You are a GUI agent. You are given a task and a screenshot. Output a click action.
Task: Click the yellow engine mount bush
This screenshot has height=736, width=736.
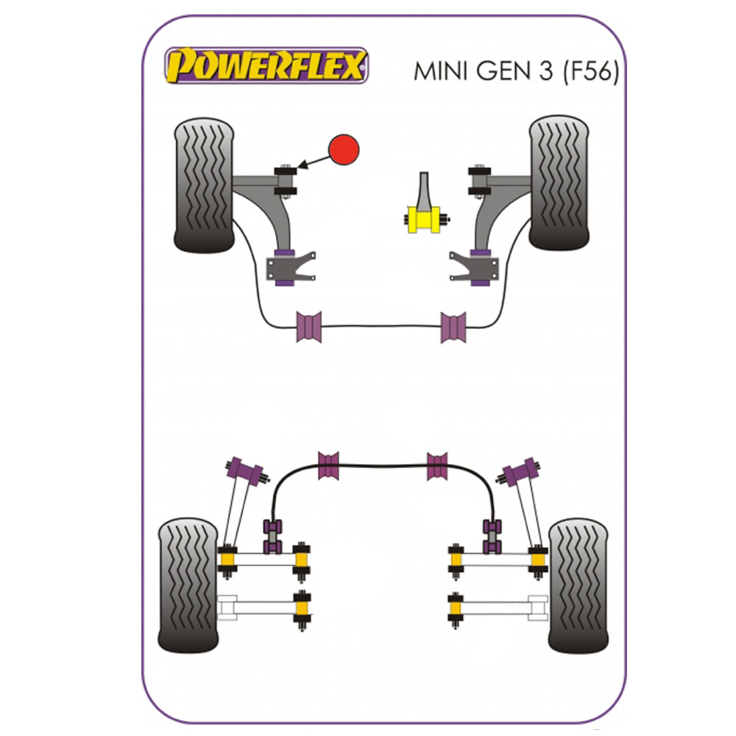coord(423,219)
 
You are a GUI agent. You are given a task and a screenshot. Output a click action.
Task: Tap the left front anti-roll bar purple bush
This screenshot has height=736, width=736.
coord(309,327)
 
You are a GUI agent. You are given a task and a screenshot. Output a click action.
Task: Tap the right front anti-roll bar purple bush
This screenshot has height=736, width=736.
coord(453,327)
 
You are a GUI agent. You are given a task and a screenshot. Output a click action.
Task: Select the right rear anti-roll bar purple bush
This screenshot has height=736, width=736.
coord(437,465)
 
